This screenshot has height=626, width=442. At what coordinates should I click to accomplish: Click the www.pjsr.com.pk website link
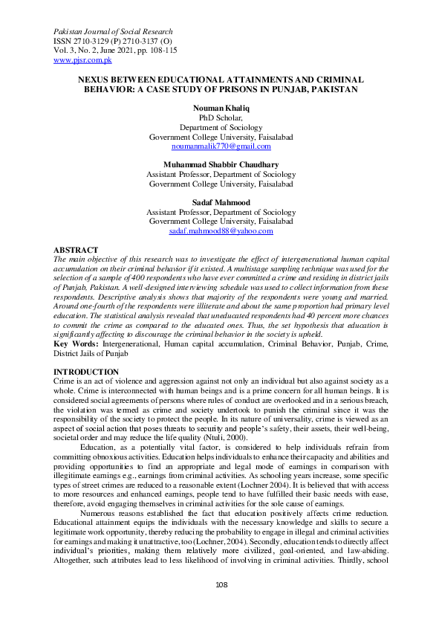point(83,59)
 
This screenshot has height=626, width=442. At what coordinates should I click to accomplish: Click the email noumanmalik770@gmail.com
point(221,146)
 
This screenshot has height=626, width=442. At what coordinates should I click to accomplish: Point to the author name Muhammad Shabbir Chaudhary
point(221,164)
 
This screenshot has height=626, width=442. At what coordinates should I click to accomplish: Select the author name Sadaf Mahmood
point(221,202)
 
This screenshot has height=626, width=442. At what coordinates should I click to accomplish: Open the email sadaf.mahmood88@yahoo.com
point(221,231)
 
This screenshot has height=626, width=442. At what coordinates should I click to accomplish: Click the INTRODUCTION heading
point(86,372)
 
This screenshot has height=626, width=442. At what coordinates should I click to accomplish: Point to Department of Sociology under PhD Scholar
point(221,127)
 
